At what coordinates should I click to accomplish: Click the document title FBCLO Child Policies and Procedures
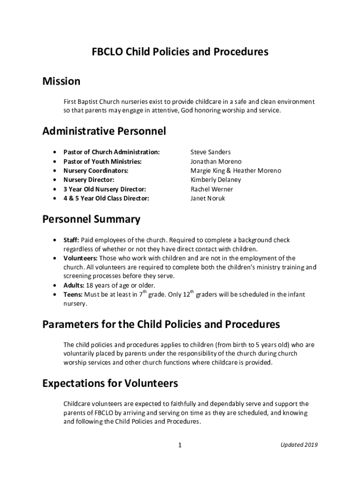[x=180, y=51]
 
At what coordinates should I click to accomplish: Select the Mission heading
[x=61, y=81]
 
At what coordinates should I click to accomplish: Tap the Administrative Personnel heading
[x=104, y=131]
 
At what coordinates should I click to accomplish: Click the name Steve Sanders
[x=210, y=152]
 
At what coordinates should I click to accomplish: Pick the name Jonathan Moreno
[x=216, y=161]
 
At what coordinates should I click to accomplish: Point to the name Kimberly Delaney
[x=215, y=180]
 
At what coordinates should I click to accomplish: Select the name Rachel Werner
[x=211, y=189]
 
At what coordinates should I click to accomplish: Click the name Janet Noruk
[x=208, y=198]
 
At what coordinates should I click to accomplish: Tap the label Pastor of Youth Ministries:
[x=102, y=161]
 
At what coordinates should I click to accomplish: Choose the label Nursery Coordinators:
[x=96, y=171]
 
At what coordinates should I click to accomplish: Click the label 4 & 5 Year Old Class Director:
[x=106, y=198]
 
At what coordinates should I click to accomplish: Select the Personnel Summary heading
[x=91, y=219]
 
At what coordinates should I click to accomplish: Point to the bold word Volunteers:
[x=80, y=258]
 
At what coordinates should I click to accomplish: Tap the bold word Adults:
[x=73, y=285]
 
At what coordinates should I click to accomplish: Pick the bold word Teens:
[x=73, y=295]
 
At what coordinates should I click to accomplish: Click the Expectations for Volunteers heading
[x=110, y=384]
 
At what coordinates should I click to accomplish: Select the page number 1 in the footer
[x=180, y=445]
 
